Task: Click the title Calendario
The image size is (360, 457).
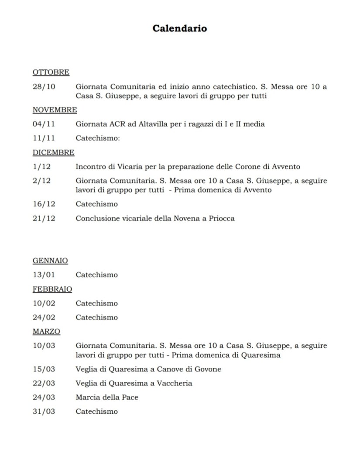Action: (x=180, y=29)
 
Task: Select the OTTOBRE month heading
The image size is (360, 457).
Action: (x=51, y=72)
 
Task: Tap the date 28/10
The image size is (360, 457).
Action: (x=44, y=87)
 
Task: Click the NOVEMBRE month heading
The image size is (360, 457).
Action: (x=55, y=110)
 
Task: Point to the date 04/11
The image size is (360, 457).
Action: (x=44, y=124)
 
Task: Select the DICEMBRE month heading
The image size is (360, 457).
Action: (x=53, y=152)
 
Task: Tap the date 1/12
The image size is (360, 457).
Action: (x=42, y=167)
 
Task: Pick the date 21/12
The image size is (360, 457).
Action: (x=44, y=218)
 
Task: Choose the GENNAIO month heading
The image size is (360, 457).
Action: (x=50, y=261)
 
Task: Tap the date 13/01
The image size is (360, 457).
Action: (x=44, y=275)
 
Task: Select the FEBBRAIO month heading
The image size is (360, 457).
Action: (x=52, y=289)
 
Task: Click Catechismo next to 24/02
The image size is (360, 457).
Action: (x=97, y=317)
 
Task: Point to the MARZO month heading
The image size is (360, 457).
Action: (x=46, y=331)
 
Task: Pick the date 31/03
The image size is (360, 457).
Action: (x=44, y=411)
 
